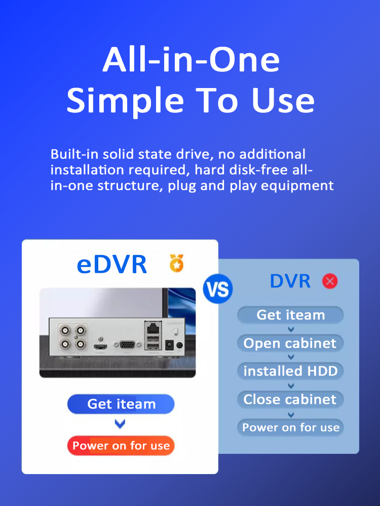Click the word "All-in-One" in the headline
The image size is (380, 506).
[191, 60]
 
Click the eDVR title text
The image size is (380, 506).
[111, 264]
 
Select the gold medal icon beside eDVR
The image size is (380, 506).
[176, 263]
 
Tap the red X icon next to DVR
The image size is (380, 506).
[330, 281]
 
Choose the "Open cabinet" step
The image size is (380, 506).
[290, 343]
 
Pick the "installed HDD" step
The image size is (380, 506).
[290, 371]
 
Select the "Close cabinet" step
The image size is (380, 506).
[290, 399]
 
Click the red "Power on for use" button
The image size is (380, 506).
[121, 446]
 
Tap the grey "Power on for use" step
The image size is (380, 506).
[290, 427]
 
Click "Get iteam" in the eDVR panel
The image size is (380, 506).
[121, 404]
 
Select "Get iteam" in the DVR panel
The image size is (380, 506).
[290, 315]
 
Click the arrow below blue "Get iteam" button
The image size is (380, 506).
[120, 424]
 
